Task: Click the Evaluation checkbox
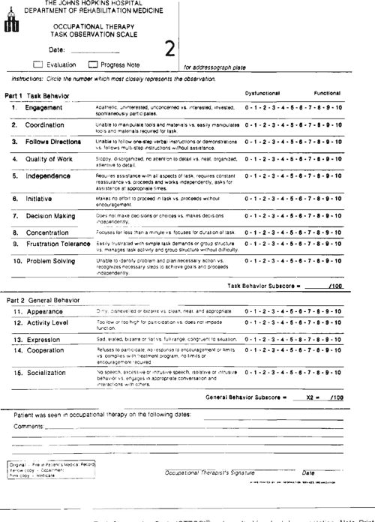[x=37, y=64]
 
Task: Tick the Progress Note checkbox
[x=93, y=64]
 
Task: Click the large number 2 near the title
[x=169, y=49]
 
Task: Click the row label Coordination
[x=46, y=124]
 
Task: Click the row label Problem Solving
[x=50, y=260]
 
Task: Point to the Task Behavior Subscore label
[x=263, y=286]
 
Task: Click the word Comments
[x=28, y=425]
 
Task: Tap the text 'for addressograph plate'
[x=214, y=67]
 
